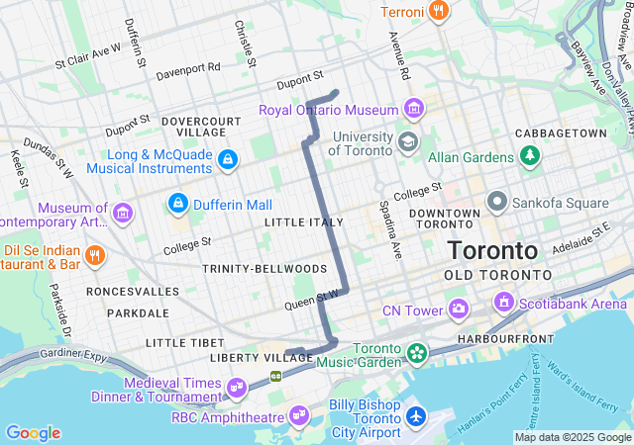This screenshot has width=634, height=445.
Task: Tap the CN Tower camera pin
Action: tap(458, 311)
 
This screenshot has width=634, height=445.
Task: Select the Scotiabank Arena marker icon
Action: tap(504, 302)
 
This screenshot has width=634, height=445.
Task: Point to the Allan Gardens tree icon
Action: tap(531, 156)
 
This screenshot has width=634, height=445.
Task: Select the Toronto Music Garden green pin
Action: tap(417, 352)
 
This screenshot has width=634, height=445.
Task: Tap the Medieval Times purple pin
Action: tap(236, 387)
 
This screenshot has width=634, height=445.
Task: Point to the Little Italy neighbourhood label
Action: tap(304, 222)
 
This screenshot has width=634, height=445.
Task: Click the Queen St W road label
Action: tap(314, 296)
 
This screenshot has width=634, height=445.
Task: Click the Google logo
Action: tap(33, 433)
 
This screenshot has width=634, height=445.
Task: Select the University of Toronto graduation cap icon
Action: tap(407, 143)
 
